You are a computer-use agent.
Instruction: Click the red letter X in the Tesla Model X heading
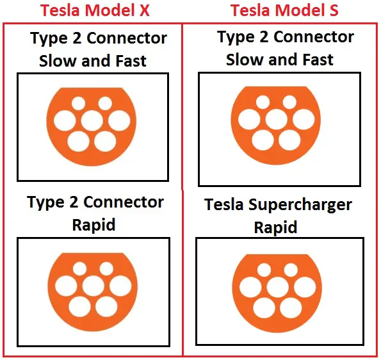[x=143, y=11]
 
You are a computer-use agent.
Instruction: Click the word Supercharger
[x=300, y=205]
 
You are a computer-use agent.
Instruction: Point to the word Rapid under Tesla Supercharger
[x=275, y=227]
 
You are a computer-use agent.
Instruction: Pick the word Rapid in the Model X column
[x=93, y=224]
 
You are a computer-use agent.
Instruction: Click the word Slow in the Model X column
[x=58, y=60]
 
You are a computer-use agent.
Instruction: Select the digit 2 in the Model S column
[x=264, y=37]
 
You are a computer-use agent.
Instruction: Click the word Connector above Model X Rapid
[x=124, y=202]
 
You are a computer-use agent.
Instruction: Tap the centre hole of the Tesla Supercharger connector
[x=278, y=287]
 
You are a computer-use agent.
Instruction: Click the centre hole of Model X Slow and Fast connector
[x=92, y=120]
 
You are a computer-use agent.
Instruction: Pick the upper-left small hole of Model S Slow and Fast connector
[x=263, y=102]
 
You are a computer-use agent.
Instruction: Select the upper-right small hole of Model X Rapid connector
[x=106, y=268]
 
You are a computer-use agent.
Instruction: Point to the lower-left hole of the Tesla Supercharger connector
[x=264, y=307]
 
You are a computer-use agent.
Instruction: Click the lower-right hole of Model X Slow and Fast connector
[x=105, y=141]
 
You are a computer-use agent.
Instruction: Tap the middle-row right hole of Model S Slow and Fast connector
[x=304, y=119]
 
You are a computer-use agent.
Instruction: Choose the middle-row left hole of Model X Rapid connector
[x=66, y=286]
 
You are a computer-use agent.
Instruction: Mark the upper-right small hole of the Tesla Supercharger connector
[x=291, y=270]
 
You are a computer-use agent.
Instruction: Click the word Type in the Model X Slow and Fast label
[x=49, y=38]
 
